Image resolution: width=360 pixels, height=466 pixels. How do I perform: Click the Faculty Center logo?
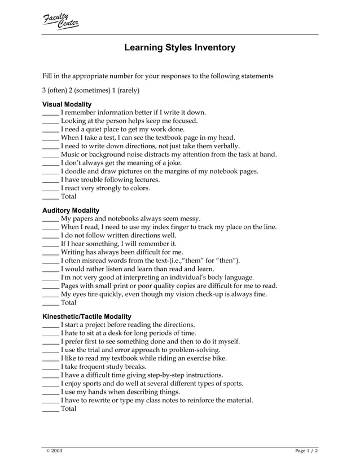pos(61,21)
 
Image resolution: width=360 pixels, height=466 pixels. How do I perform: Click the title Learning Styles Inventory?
pos(179,48)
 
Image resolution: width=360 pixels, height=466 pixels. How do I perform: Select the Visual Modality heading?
pos(67,104)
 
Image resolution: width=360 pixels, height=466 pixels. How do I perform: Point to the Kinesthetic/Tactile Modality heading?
pos(87,316)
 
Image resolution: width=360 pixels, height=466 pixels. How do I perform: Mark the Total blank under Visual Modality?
pos(51,197)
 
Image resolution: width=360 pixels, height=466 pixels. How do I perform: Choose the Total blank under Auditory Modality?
pos(51,303)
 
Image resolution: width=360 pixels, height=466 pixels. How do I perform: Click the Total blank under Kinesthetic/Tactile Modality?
pos(51,409)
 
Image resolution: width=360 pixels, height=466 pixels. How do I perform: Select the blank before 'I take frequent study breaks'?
pos(51,367)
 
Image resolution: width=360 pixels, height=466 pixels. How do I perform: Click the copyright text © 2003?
pos(54,451)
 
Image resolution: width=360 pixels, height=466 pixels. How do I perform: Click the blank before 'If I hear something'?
pos(51,244)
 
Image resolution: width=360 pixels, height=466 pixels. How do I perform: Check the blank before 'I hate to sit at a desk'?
pos(51,333)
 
